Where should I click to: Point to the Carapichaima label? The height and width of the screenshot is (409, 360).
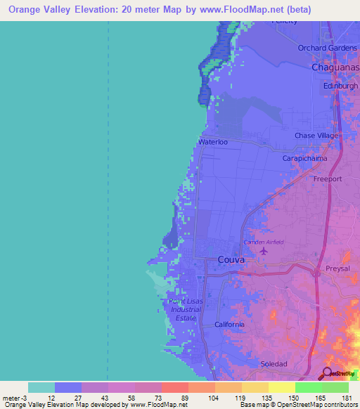click(x=305, y=159)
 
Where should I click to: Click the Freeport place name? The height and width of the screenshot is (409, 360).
click(x=327, y=179)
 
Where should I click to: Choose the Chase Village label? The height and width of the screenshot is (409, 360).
click(x=316, y=135)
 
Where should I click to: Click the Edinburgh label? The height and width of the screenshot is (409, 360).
click(x=336, y=85)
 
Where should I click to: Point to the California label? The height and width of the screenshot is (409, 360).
click(x=229, y=325)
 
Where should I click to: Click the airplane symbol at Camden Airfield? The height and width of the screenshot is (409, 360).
click(x=264, y=250)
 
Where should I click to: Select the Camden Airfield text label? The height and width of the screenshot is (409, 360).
click(x=264, y=242)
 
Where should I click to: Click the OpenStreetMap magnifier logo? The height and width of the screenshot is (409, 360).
click(x=328, y=373)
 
